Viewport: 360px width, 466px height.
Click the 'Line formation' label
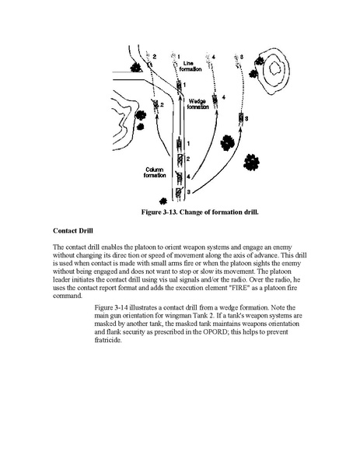point(190,66)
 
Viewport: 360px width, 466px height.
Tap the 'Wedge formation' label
point(197,104)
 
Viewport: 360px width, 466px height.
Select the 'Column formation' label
point(155,173)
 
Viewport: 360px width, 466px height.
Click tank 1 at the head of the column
point(180,144)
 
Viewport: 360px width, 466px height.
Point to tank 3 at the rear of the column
point(179,192)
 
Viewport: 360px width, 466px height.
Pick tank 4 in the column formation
point(180,177)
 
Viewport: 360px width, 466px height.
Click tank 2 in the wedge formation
point(155,104)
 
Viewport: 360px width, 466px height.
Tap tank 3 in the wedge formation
point(241,118)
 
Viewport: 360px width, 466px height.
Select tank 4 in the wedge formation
point(215,100)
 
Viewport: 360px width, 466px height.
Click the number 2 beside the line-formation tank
point(155,57)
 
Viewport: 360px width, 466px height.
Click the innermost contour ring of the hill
point(274,68)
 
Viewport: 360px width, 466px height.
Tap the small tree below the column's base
point(163,201)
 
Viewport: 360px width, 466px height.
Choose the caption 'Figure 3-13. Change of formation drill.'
point(200,212)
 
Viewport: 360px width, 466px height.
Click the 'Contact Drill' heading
point(73,230)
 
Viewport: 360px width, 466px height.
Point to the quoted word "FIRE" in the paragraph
point(239,288)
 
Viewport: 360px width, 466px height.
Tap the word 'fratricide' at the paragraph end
point(107,340)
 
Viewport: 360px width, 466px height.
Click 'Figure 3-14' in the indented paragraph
point(111,307)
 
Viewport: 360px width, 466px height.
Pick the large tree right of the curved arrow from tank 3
point(252,163)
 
